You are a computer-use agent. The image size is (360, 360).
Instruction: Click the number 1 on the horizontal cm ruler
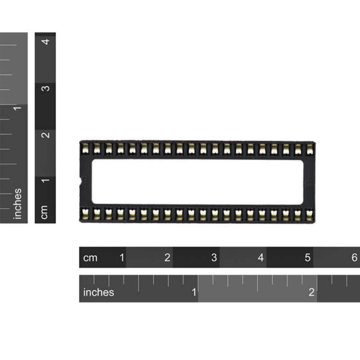pyautogui.click(x=122, y=257)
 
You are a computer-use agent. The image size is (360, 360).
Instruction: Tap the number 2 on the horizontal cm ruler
pyautogui.click(x=167, y=257)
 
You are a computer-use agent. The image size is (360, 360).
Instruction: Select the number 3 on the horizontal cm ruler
pyautogui.click(x=214, y=257)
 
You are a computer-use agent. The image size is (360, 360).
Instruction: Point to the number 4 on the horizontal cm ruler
pyautogui.click(x=260, y=257)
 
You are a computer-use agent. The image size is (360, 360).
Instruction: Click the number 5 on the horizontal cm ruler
pyautogui.click(x=308, y=257)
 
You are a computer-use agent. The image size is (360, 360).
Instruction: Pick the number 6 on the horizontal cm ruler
pyautogui.click(x=355, y=257)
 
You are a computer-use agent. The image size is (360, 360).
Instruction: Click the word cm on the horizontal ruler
pyautogui.click(x=90, y=258)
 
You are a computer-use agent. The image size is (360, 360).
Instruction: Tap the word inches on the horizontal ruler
pyautogui.click(x=98, y=292)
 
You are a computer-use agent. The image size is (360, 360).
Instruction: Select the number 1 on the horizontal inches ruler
pyautogui.click(x=194, y=292)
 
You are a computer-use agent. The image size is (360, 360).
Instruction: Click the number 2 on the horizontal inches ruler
pyautogui.click(x=311, y=292)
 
